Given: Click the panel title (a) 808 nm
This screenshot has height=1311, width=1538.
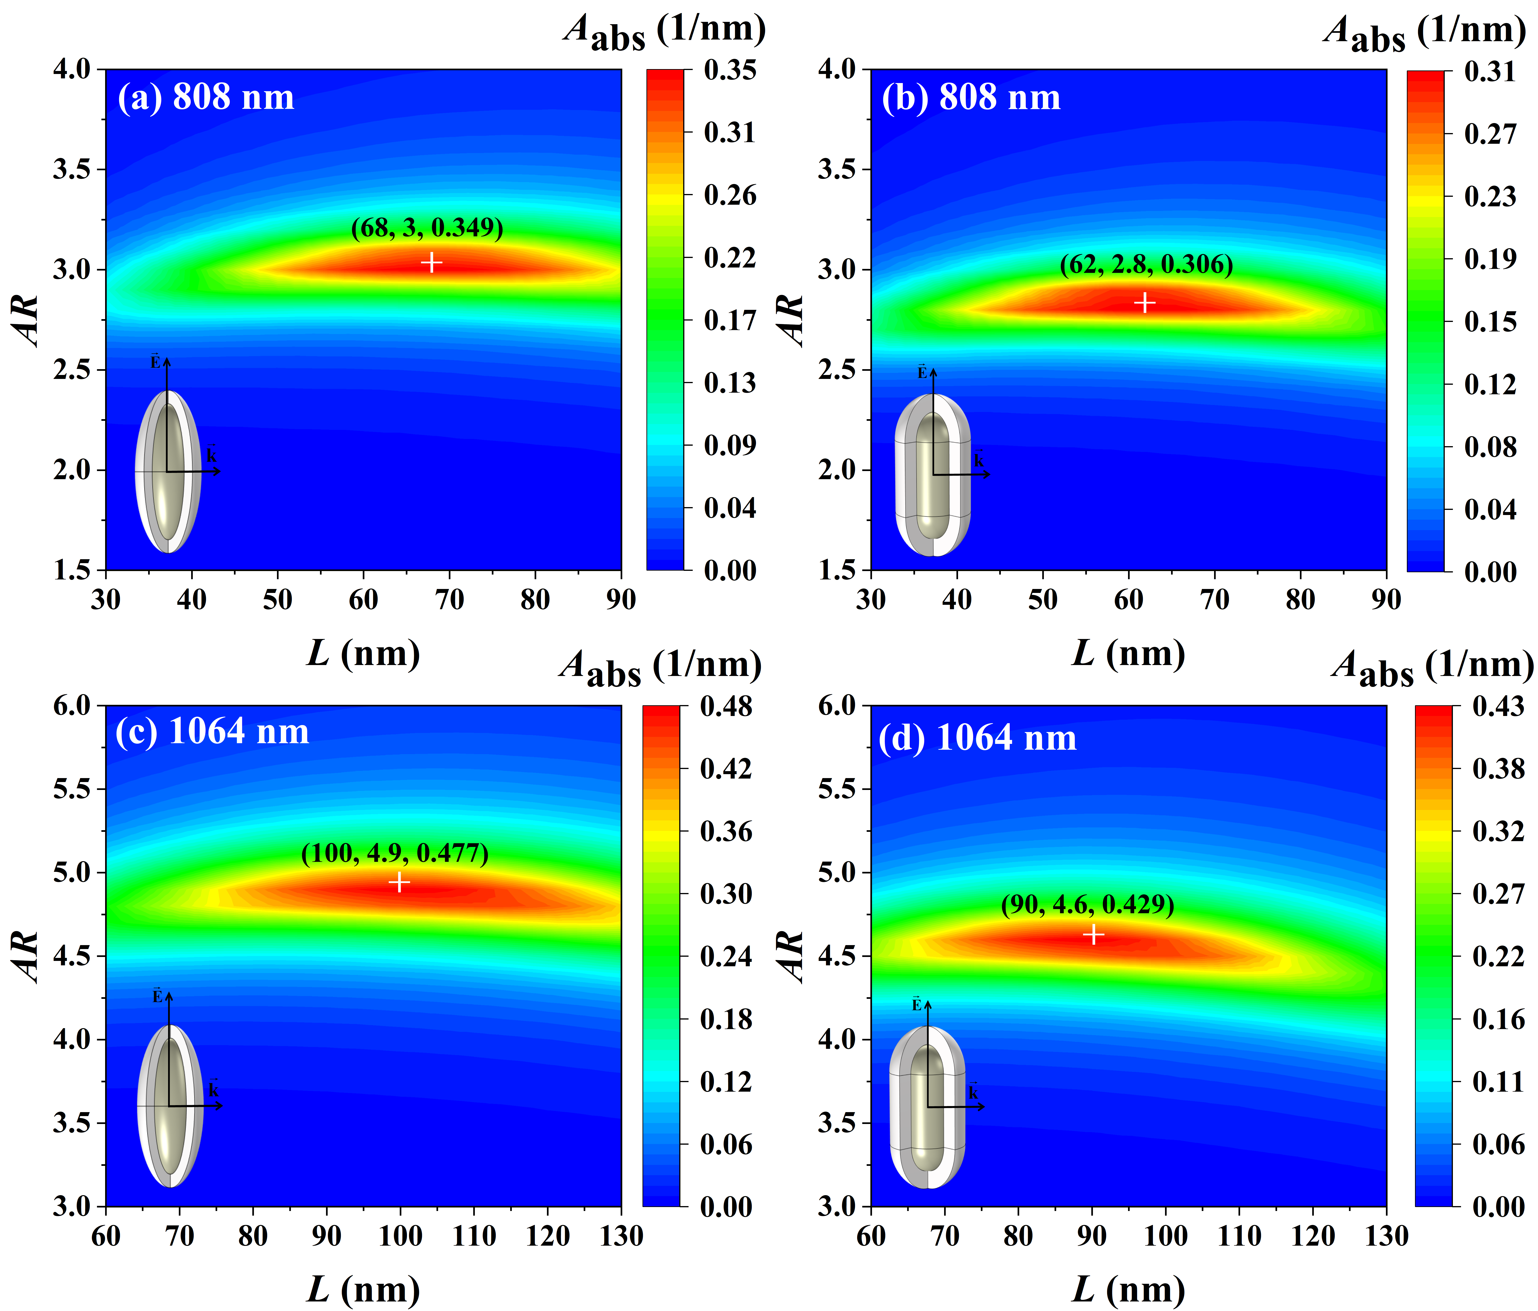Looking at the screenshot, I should [x=206, y=97].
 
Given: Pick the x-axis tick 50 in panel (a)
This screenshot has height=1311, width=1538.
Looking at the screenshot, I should [x=278, y=599].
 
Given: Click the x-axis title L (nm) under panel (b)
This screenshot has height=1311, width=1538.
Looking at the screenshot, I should [x=1128, y=653].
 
